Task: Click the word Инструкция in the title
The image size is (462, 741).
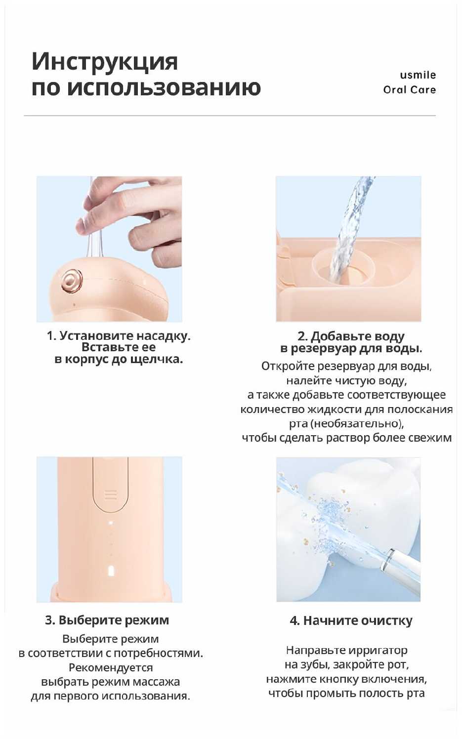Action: (x=105, y=62)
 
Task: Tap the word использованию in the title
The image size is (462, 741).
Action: (x=165, y=87)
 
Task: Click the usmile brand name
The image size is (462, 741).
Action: (x=418, y=75)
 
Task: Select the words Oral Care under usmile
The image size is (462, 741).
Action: (x=410, y=89)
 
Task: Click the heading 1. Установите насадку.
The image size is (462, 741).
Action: (x=119, y=336)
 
